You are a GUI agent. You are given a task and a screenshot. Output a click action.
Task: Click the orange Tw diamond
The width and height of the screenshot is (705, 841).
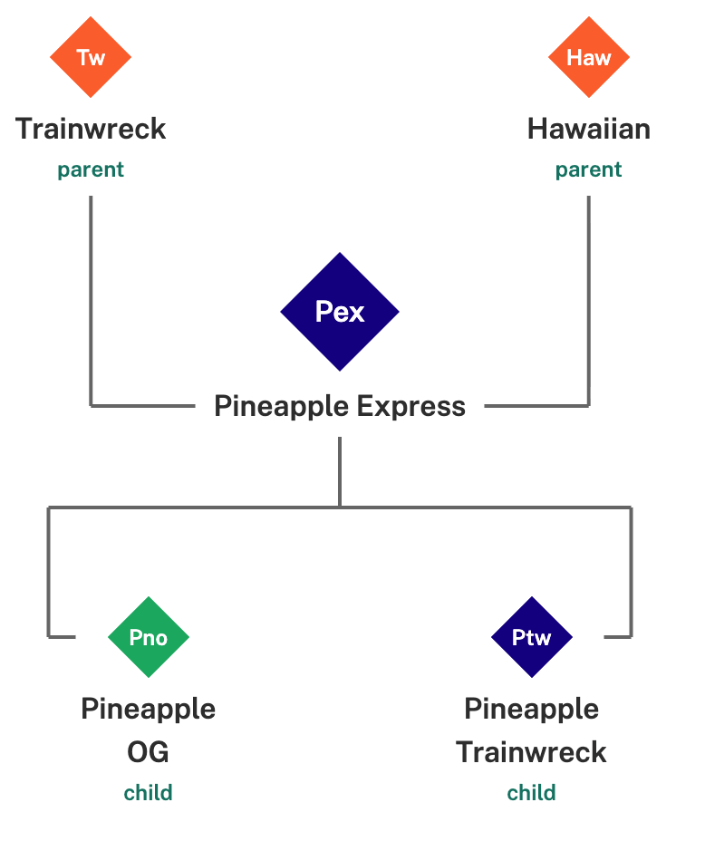(91, 58)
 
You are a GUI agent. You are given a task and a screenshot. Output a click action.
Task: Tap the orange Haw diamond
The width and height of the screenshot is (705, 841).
(589, 58)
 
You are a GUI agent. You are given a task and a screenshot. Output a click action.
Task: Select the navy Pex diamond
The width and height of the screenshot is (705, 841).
(340, 312)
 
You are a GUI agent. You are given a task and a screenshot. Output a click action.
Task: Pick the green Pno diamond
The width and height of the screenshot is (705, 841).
(149, 638)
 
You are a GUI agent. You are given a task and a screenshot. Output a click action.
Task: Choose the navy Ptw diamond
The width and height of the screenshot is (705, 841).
(532, 638)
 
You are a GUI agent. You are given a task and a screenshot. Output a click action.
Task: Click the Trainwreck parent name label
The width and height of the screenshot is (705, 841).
(91, 129)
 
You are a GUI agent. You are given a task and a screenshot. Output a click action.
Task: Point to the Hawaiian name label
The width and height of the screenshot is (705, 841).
(589, 129)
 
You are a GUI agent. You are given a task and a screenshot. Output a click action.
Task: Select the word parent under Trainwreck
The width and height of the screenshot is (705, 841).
(91, 170)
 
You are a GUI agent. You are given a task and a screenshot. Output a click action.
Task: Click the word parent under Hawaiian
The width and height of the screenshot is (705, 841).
(589, 170)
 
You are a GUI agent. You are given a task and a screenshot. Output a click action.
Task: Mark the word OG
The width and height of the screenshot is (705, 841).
(149, 752)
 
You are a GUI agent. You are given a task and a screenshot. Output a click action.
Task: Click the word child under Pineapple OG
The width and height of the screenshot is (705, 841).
(149, 794)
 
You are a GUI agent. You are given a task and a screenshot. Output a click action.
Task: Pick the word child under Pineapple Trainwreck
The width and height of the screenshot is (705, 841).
(532, 794)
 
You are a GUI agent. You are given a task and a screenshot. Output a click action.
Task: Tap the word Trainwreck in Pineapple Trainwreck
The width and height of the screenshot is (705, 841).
(532, 752)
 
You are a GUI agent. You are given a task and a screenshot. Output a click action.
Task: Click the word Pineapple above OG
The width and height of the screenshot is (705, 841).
(149, 709)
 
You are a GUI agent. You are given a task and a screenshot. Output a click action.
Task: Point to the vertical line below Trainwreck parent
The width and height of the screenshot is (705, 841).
(91, 299)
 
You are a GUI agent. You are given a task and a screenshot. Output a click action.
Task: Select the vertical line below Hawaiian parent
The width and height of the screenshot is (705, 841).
(589, 299)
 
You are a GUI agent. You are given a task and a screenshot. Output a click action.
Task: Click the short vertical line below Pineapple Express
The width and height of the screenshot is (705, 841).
(340, 471)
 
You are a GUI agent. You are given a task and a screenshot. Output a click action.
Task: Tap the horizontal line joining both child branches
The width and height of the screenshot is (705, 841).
(227, 507)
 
